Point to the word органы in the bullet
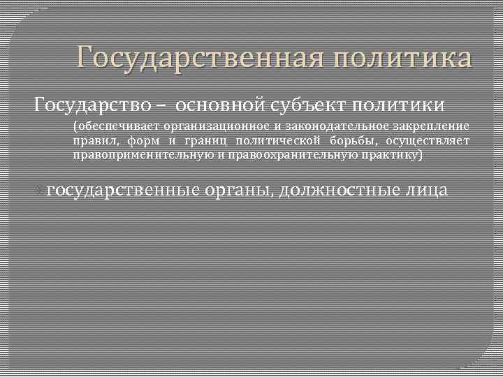237,190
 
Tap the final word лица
425,190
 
